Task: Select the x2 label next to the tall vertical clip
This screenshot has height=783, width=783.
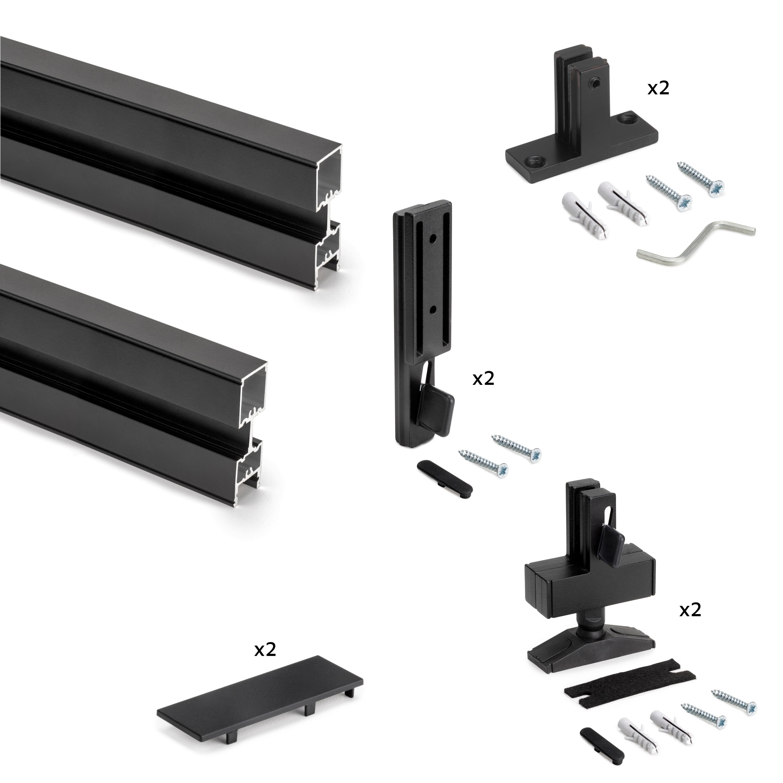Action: pyautogui.click(x=484, y=379)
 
